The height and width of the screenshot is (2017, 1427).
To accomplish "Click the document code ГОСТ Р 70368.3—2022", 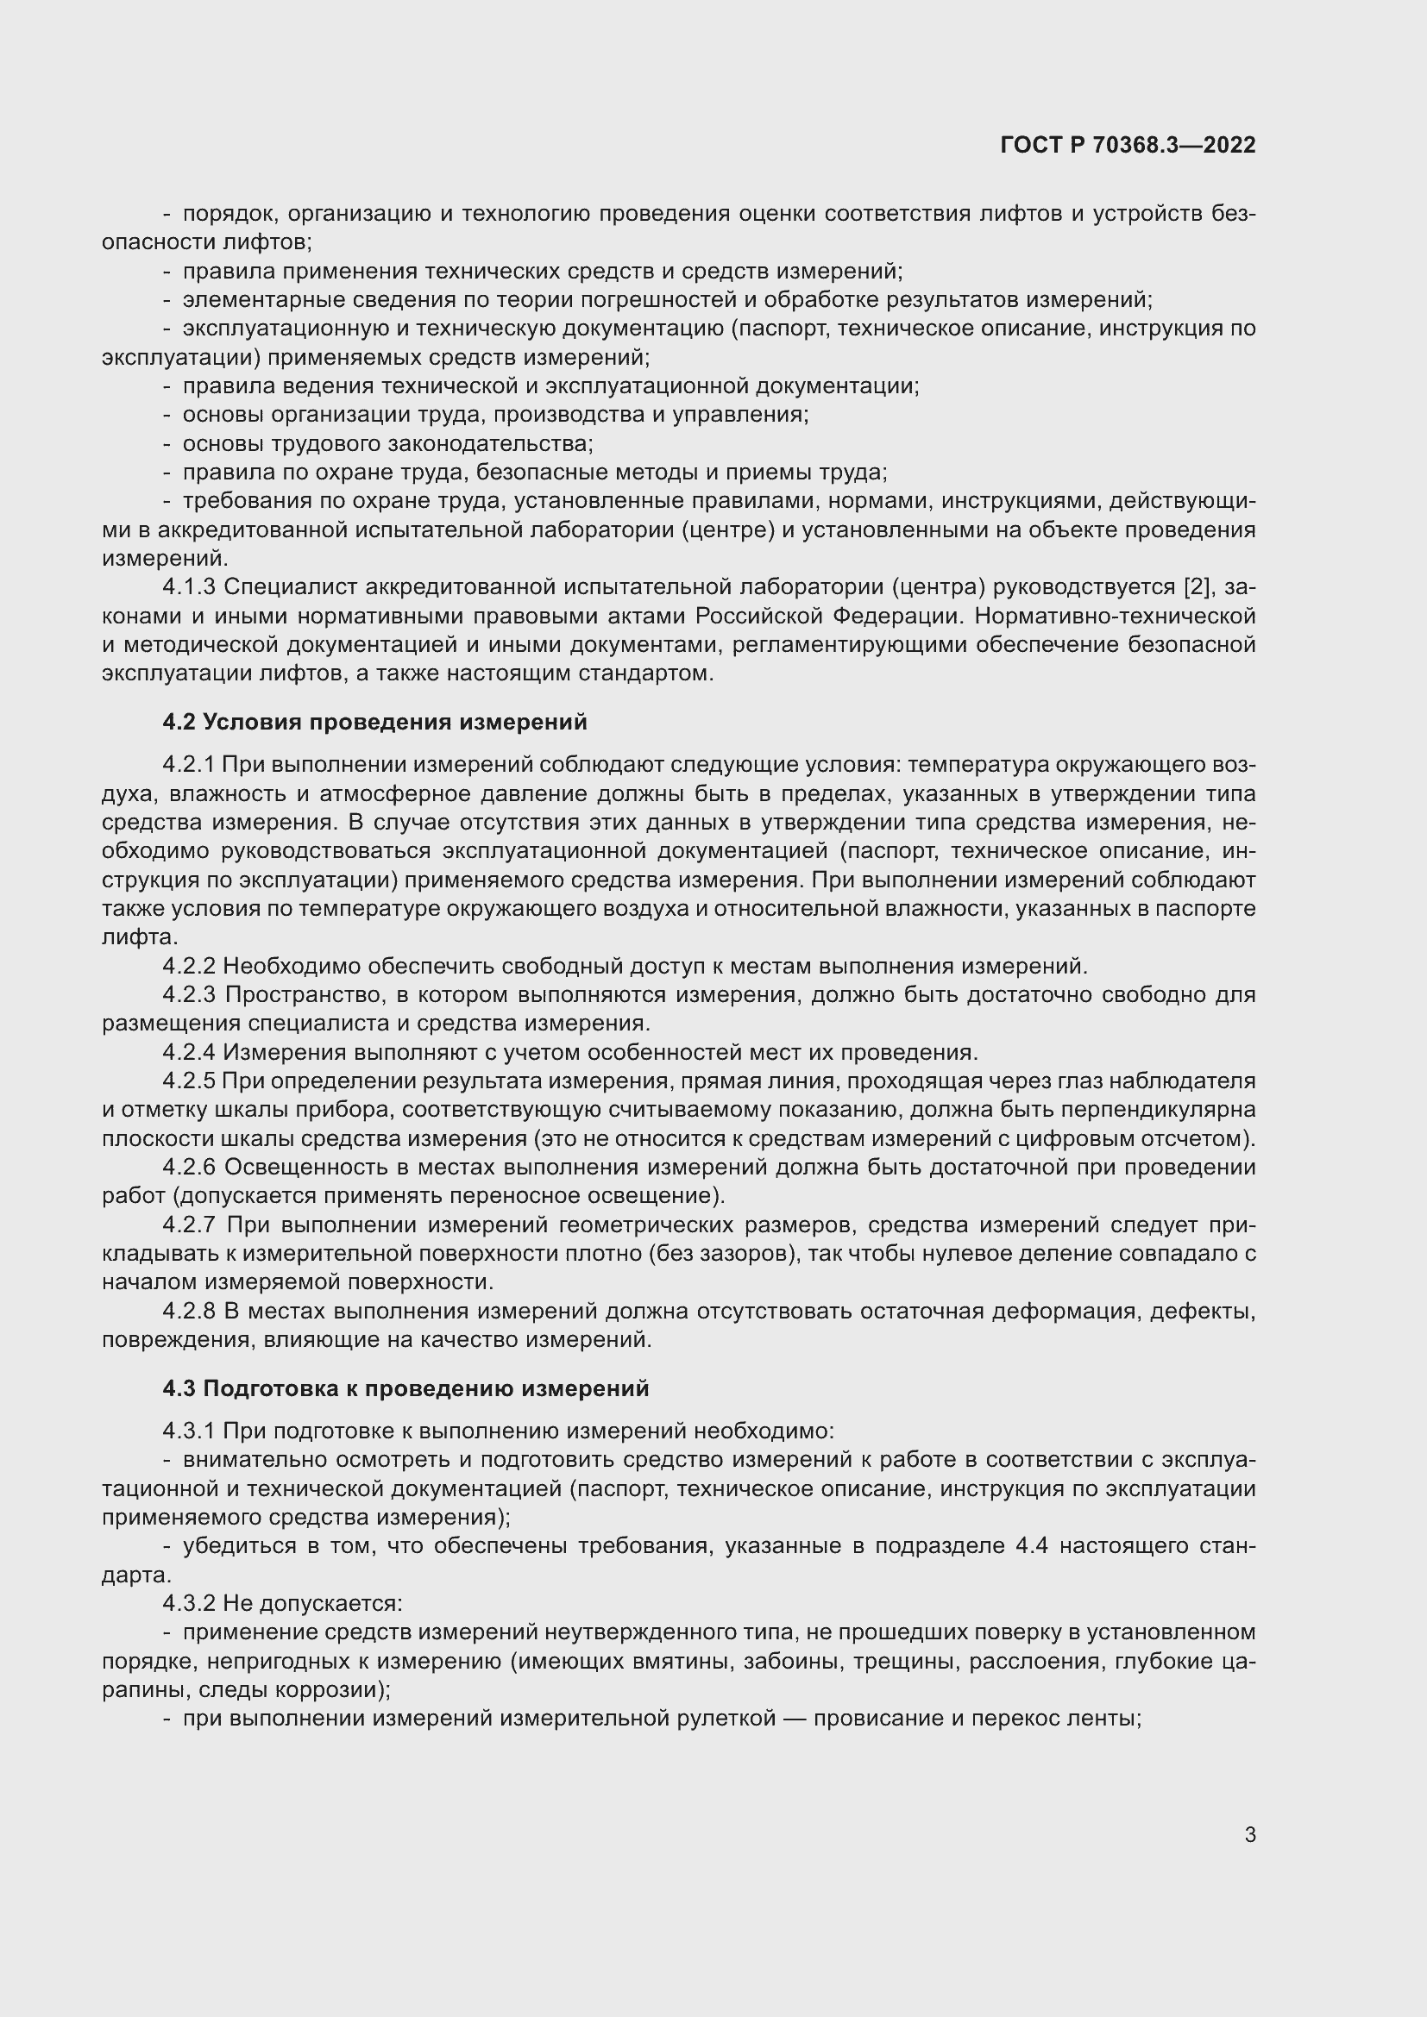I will pyautogui.click(x=1128, y=145).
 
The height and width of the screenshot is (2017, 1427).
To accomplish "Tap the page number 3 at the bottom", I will pyautogui.click(x=1250, y=1835).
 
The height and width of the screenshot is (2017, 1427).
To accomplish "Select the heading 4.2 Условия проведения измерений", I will pyautogui.click(x=374, y=722).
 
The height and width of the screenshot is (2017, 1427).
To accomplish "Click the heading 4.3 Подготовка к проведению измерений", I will pyautogui.click(x=405, y=1389).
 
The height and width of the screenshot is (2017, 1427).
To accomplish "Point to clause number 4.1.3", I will pyautogui.click(x=189, y=587).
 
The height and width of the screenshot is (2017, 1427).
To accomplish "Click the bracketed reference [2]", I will pyautogui.click(x=1198, y=587).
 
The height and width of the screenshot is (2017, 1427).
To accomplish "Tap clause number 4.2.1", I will pyautogui.click(x=189, y=765).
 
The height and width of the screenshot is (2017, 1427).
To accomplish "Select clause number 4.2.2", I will pyautogui.click(x=189, y=967).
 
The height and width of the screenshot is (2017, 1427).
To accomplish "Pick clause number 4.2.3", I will pyautogui.click(x=189, y=995).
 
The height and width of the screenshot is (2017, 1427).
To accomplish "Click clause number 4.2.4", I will pyautogui.click(x=189, y=1052).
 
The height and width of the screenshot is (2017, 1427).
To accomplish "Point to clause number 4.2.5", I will pyautogui.click(x=189, y=1081).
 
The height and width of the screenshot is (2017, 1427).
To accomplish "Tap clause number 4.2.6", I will pyautogui.click(x=189, y=1168).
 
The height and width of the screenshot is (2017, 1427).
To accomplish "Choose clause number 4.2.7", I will pyautogui.click(x=189, y=1225).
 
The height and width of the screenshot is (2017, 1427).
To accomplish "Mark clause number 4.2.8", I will pyautogui.click(x=189, y=1312).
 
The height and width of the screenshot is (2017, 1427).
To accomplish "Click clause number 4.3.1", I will pyautogui.click(x=189, y=1431).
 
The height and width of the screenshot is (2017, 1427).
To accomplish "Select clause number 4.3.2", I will pyautogui.click(x=189, y=1603).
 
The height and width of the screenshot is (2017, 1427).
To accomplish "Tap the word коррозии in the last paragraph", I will pyautogui.click(x=330, y=1690).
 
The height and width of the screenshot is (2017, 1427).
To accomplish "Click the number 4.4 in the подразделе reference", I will pyautogui.click(x=1032, y=1546).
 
